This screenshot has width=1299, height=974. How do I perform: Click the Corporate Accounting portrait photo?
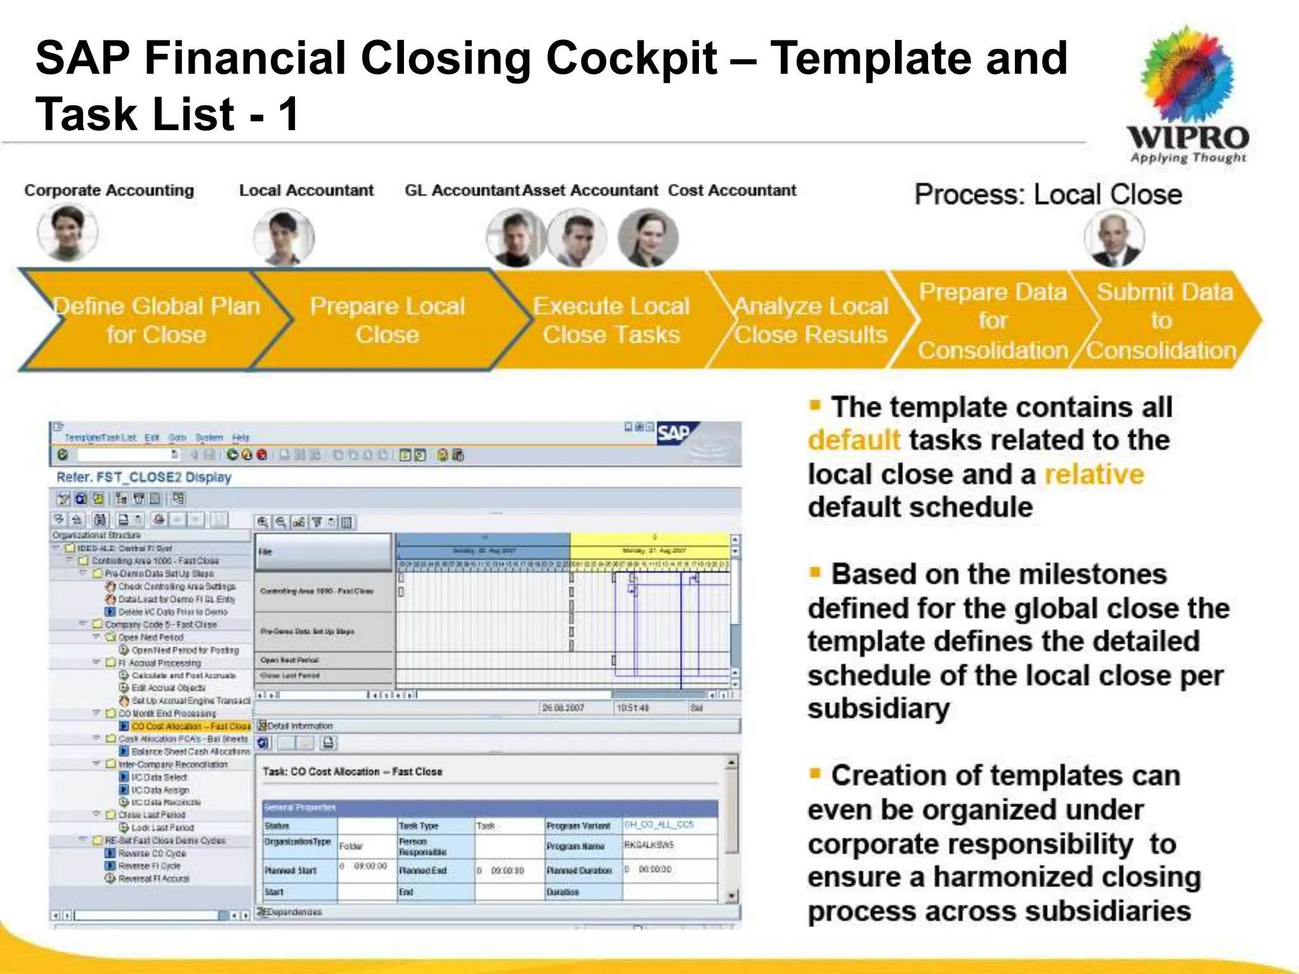tap(68, 232)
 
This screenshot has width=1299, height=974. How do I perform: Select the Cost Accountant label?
tap(731, 190)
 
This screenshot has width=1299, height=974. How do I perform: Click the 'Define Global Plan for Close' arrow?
tap(156, 320)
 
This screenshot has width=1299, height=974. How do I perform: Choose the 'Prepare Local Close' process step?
tap(388, 320)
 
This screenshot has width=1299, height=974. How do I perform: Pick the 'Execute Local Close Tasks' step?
tap(611, 320)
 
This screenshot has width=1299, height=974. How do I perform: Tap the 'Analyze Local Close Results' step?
tap(811, 320)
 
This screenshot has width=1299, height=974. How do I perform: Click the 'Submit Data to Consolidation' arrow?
tap(1165, 320)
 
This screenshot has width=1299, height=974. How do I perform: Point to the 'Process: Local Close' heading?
tap(1048, 195)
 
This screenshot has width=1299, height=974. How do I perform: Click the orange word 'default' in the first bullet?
tap(854, 440)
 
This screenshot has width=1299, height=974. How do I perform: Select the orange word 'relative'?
tap(1094, 474)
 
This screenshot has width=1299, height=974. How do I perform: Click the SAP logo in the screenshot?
tap(674, 434)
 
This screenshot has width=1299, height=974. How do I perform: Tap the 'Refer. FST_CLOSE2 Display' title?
tap(144, 477)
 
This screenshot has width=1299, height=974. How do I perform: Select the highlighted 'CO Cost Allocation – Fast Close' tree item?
tap(190, 727)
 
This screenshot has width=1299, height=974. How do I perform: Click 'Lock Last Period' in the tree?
tap(162, 828)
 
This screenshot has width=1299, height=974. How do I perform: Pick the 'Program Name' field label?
tap(575, 847)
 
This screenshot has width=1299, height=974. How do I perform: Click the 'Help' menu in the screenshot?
tap(241, 438)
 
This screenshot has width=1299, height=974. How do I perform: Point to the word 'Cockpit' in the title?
tap(632, 58)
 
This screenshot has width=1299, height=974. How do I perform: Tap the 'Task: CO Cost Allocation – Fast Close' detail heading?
tap(353, 772)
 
